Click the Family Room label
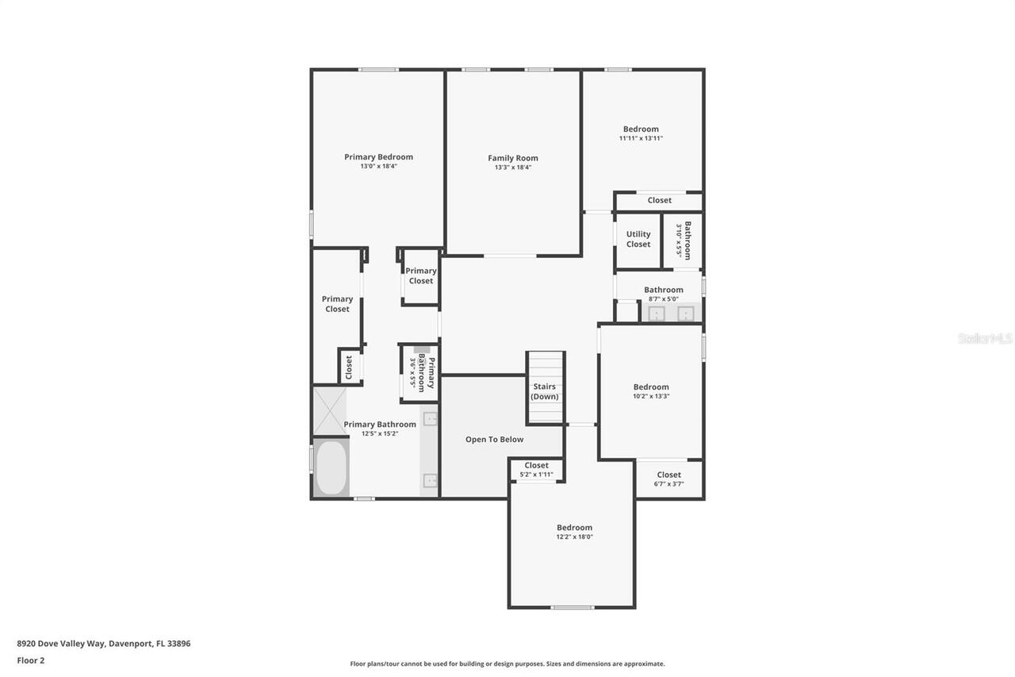coord(512,158)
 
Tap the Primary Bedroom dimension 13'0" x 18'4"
coord(378,167)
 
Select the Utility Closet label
coord(638,239)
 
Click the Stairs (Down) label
coord(545,391)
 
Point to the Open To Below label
coord(494,439)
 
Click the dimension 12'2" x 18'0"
coord(574,537)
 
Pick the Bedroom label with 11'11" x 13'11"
coord(641,129)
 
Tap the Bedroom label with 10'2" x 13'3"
coord(650,387)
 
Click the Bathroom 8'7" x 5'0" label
coord(663,290)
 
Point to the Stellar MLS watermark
coord(985,338)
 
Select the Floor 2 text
coord(31,660)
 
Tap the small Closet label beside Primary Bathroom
coord(348,367)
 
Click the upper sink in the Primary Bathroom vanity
coord(430,419)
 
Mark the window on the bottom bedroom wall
coord(572,608)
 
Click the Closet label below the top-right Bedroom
coord(659,201)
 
